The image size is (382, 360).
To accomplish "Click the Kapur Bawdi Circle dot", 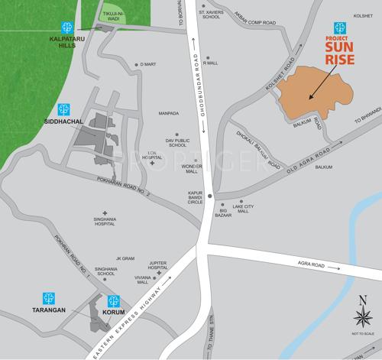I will (x=210, y=196).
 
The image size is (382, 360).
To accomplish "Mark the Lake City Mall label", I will (x=243, y=208).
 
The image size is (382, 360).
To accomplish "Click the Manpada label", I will (x=169, y=113).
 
